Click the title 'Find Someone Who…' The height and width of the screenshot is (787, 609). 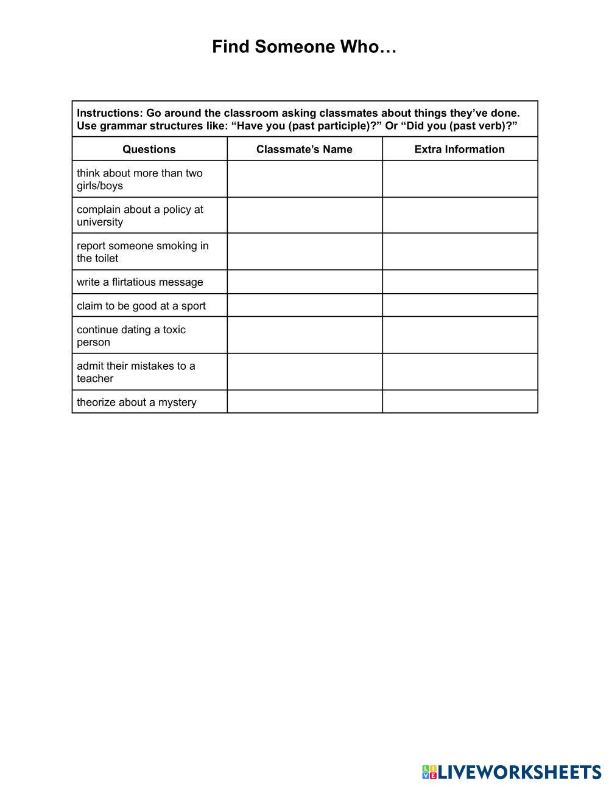point(304,47)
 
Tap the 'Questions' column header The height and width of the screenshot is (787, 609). point(149,149)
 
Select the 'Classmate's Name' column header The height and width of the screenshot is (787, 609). point(304,149)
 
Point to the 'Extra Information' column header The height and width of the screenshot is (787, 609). point(460,149)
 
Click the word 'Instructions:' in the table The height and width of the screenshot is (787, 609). point(109,113)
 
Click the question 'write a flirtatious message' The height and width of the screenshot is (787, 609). point(140,282)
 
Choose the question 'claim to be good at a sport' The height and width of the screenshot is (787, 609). point(141,306)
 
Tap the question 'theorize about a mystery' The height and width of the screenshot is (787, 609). point(136,402)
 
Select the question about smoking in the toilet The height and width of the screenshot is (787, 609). point(143,252)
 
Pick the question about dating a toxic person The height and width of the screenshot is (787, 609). point(131,336)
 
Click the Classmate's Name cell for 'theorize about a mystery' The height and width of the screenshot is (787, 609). point(304,402)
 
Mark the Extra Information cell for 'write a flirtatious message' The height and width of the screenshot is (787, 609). point(460,282)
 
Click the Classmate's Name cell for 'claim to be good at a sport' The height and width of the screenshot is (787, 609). point(304,305)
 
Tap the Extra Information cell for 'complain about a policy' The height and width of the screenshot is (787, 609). point(460,215)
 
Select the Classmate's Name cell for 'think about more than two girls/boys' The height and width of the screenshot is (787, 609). point(304,179)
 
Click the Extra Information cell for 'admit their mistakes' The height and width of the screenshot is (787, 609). point(460,372)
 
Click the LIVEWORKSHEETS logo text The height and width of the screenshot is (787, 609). point(519,772)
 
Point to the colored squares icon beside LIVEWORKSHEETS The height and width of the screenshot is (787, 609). point(429,772)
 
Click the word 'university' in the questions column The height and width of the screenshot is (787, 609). point(100,222)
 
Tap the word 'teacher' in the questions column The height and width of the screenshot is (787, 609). point(95,378)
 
